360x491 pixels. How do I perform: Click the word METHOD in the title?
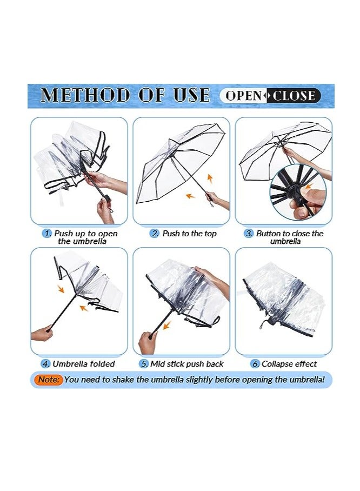click(x=85, y=96)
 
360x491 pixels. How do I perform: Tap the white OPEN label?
click(x=243, y=96)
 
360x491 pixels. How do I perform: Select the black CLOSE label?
click(x=294, y=96)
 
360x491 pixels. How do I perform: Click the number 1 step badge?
click(x=48, y=234)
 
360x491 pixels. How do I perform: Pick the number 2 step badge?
click(x=155, y=234)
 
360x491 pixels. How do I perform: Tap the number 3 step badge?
click(x=249, y=234)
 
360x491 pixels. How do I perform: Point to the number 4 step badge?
click(x=46, y=364)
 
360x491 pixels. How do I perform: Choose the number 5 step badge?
click(x=144, y=364)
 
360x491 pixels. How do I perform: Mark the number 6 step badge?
click(x=255, y=364)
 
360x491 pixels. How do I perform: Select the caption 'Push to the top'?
click(x=189, y=234)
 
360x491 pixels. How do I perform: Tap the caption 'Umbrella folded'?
click(x=84, y=364)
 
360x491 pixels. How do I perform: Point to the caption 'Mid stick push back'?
click(x=186, y=364)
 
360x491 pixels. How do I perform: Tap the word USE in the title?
click(x=187, y=96)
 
